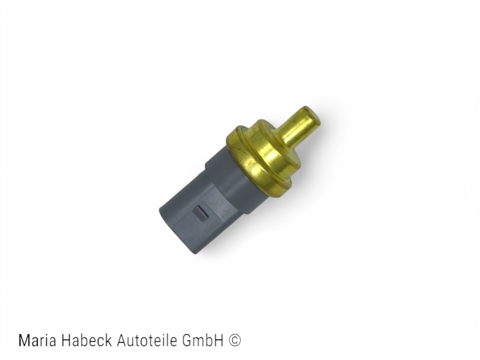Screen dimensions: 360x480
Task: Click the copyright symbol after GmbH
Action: pyautogui.click(x=235, y=340)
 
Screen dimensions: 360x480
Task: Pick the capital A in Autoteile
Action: pyautogui.click(x=122, y=340)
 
